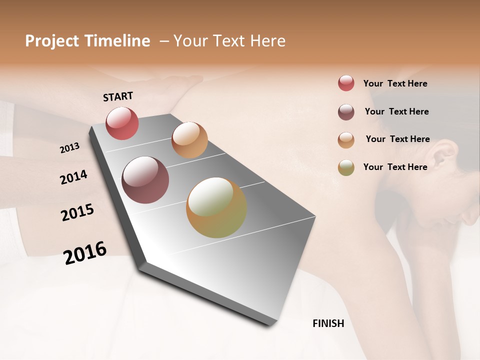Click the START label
[x=118, y=96]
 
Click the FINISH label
[x=328, y=323]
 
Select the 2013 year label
[x=69, y=148]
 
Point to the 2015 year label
[x=77, y=212]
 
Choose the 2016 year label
[x=85, y=252]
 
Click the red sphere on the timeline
[x=122, y=123]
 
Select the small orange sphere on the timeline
[x=189, y=139]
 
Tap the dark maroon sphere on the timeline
[x=145, y=180]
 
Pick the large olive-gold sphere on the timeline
[x=216, y=207]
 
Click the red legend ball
[x=346, y=83]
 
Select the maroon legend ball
[x=346, y=111]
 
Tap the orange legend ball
[x=346, y=139]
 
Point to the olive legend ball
[x=346, y=167]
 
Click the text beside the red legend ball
[x=395, y=83]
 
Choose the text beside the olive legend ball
[x=395, y=167]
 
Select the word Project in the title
[x=52, y=41]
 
